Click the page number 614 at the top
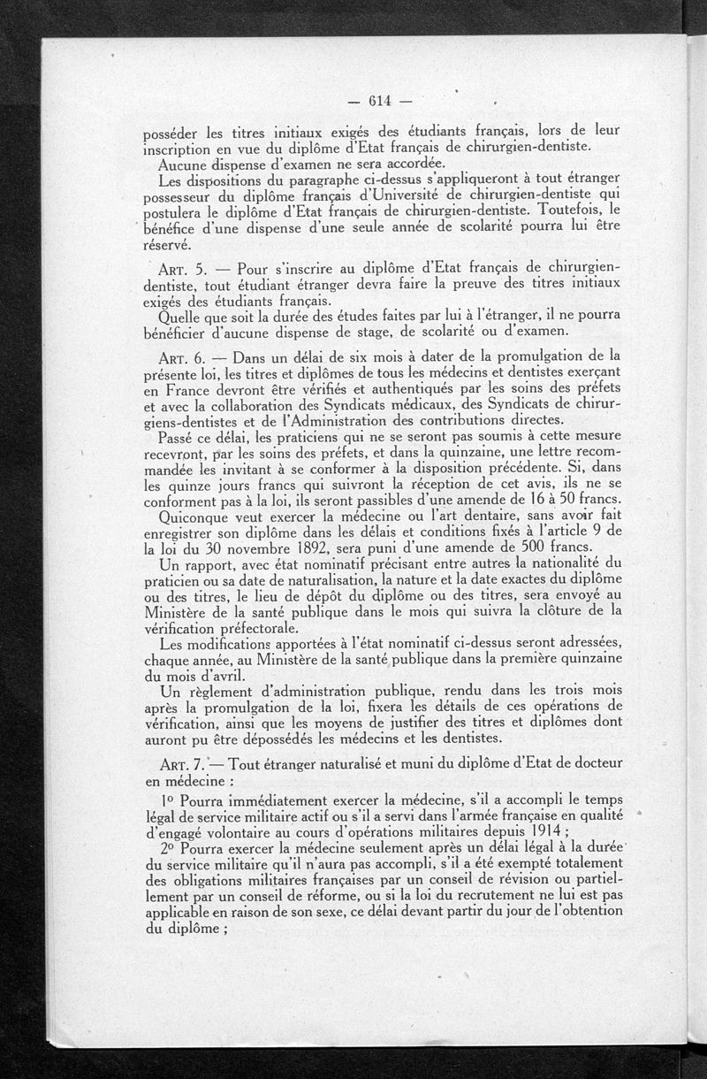(381, 99)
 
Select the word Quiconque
(195, 518)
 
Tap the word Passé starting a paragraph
(177, 437)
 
